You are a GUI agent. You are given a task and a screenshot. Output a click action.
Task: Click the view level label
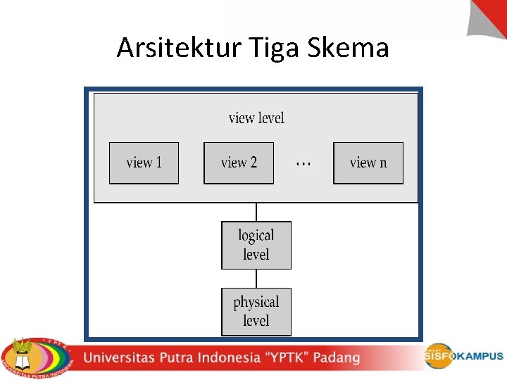point(256,118)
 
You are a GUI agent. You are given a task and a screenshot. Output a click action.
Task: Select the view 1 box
point(144,163)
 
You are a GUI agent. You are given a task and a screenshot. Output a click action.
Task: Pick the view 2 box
point(239,163)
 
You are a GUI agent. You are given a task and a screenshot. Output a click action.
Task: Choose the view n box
point(368,163)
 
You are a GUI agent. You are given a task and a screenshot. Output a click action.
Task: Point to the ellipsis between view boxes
point(303,163)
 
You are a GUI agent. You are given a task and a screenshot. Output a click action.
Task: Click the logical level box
point(256,245)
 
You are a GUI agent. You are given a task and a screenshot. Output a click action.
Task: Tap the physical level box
point(256,311)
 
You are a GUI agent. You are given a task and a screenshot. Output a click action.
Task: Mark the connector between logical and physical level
point(256,279)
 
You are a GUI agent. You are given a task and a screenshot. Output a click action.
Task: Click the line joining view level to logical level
point(256,212)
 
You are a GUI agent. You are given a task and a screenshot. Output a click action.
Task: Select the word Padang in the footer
point(337,357)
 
